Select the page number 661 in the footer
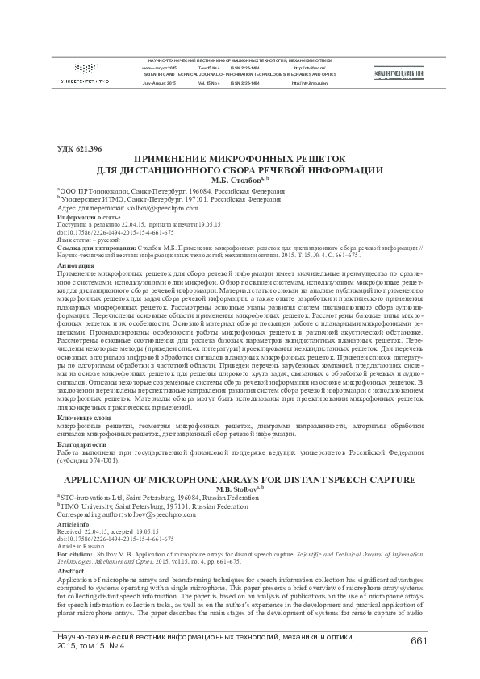[418, 640]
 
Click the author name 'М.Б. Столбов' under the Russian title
[235, 181]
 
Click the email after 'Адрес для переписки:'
[151, 207]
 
